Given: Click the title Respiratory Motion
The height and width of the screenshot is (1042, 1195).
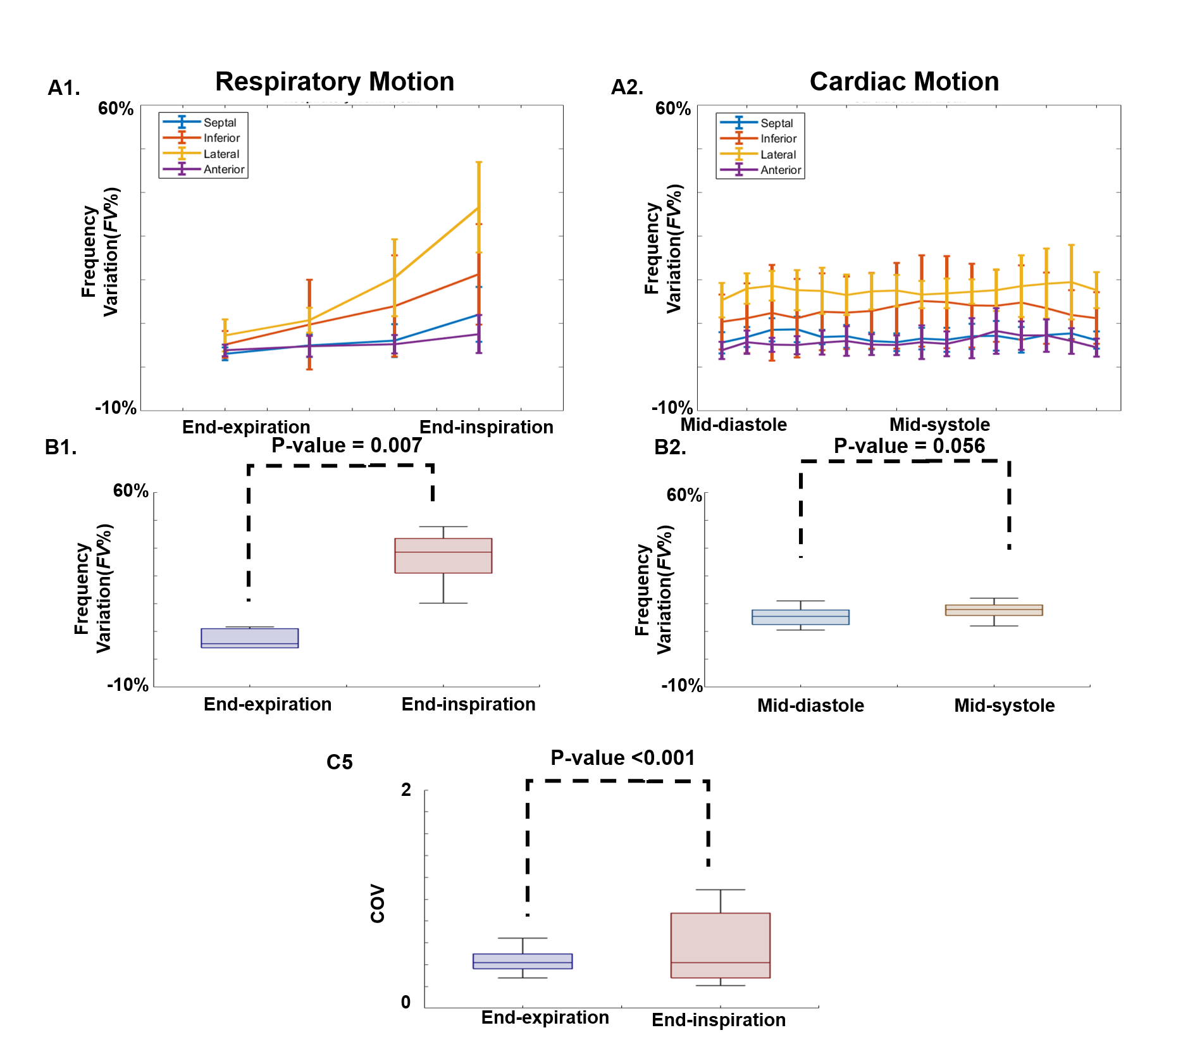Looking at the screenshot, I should [335, 82].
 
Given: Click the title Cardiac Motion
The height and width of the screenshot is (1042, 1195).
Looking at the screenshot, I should [904, 82].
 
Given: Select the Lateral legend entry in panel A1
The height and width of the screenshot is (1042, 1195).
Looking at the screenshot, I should [221, 154].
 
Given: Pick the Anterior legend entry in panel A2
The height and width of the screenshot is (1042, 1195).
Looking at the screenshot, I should [780, 170].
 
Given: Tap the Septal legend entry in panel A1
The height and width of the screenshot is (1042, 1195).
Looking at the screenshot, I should [220, 123].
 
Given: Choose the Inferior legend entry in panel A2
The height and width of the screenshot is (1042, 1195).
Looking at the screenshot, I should [778, 139].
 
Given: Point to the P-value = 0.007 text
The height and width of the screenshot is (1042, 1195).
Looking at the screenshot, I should [347, 445].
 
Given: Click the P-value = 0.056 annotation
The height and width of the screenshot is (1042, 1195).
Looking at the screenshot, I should [909, 446].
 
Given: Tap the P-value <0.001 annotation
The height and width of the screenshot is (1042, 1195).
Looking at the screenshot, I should [622, 757].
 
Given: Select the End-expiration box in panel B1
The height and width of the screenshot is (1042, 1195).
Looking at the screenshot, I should [250, 638].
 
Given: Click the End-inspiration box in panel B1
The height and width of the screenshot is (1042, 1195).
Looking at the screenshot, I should [443, 555].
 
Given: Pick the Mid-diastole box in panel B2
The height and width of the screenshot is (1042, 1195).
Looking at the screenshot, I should [800, 617].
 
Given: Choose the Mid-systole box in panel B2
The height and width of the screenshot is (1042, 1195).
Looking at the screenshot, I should [994, 610].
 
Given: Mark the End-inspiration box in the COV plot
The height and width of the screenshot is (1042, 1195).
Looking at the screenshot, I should [721, 945].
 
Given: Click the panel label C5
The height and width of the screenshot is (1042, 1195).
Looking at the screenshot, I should [340, 762].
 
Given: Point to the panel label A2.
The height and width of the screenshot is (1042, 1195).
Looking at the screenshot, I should [627, 87].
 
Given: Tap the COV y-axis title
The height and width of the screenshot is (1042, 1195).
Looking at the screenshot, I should [378, 903].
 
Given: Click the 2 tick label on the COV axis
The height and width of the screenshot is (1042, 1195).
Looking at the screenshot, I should [406, 790].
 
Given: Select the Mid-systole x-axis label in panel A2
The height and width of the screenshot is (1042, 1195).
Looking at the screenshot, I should [939, 425].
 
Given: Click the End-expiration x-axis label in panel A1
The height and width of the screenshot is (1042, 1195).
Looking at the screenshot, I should [246, 427].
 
